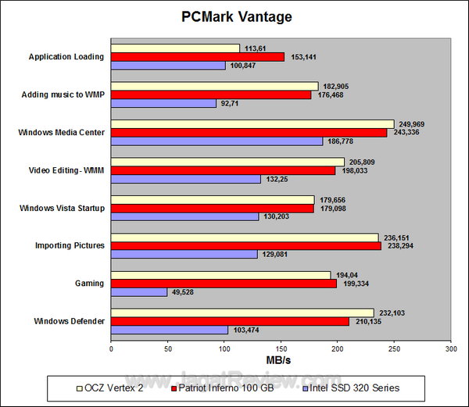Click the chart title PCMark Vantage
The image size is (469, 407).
coord(234,16)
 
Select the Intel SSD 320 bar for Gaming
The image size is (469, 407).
coord(139,292)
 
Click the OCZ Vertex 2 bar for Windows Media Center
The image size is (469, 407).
coord(252,123)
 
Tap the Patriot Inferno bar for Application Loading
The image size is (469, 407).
coord(198,57)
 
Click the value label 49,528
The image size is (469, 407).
coord(184,292)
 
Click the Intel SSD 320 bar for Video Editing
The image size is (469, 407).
coord(186,179)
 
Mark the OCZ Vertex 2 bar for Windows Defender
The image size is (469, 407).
coord(242,312)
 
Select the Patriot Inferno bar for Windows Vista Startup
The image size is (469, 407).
coord(213,209)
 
